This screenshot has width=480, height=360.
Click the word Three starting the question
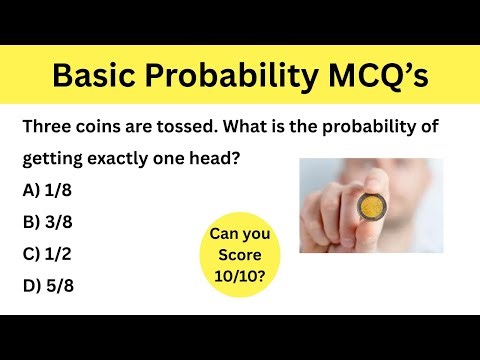tap(49, 128)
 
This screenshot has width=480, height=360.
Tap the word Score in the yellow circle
tap(240, 253)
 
